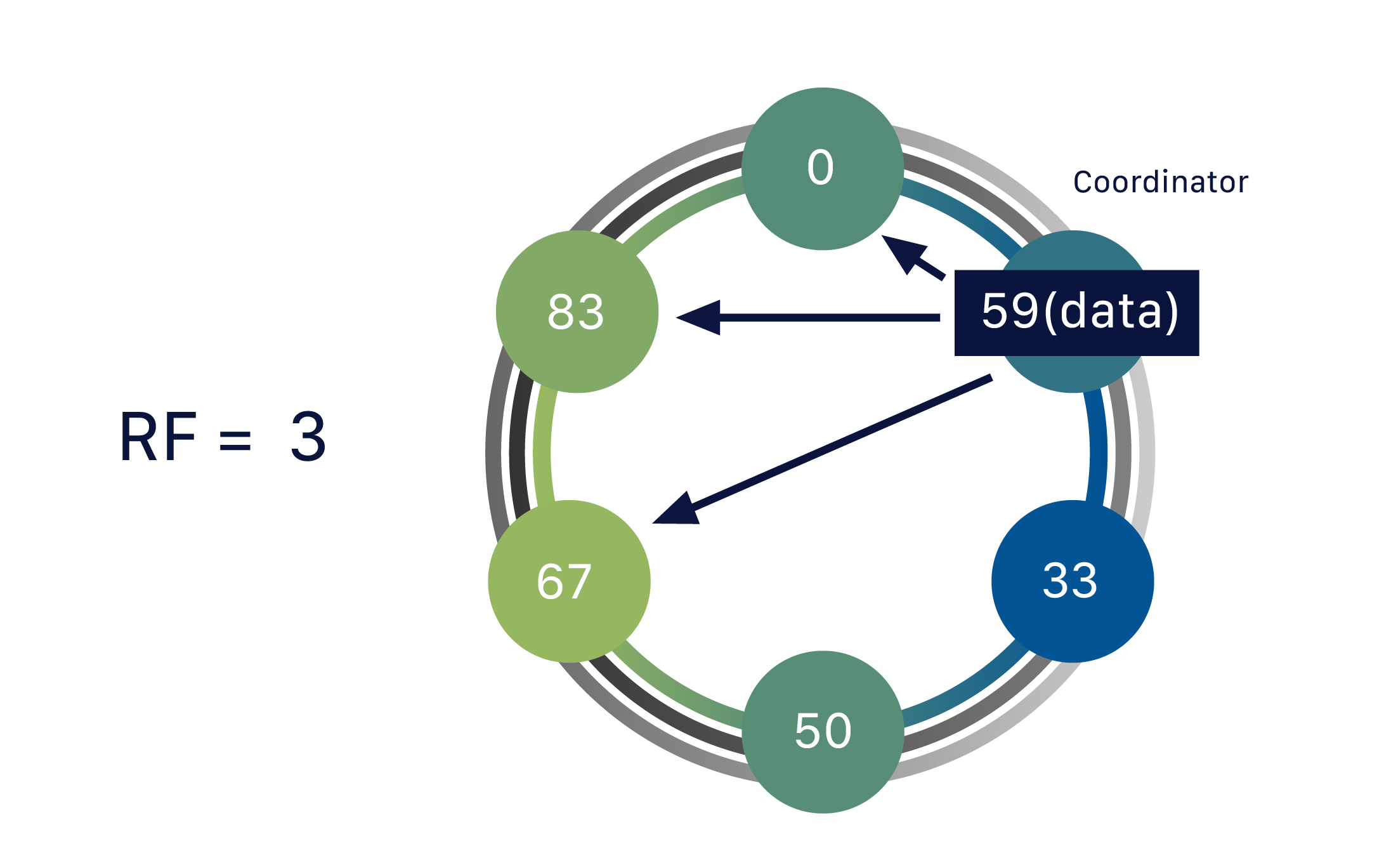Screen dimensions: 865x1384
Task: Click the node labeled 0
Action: pos(822,169)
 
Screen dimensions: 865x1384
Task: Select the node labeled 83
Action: pos(577,312)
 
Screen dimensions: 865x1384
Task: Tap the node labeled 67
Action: pos(569,581)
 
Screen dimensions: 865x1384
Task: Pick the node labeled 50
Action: pos(823,732)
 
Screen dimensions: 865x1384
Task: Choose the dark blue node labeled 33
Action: pos(1072,581)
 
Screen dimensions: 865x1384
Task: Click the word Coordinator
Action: pos(1160,182)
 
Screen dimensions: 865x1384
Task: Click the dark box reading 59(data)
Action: pos(1076,313)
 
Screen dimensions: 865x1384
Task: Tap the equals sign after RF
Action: pos(235,440)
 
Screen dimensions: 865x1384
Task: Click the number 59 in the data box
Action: pos(1010,311)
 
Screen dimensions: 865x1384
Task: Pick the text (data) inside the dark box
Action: pos(1111,311)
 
